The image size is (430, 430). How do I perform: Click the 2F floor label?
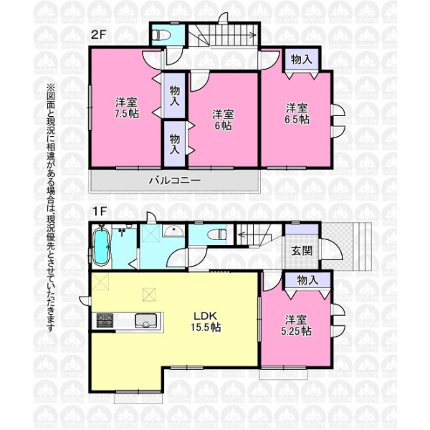(x=98, y=34)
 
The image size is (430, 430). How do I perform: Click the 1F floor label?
(x=99, y=211)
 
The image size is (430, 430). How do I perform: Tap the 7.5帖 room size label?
(x=126, y=113)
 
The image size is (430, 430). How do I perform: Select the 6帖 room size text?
(x=223, y=125)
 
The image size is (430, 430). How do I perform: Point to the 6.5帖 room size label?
(x=297, y=119)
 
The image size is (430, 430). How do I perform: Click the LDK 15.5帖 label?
(x=206, y=321)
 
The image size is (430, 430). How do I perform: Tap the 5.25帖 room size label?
(x=296, y=331)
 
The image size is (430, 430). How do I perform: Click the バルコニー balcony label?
(x=175, y=181)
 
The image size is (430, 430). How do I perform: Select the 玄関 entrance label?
(x=302, y=250)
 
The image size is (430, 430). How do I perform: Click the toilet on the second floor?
(x=161, y=35)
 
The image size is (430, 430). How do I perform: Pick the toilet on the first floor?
(x=217, y=235)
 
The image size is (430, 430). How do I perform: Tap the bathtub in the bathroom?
(x=102, y=246)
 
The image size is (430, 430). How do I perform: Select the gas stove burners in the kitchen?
(x=105, y=320)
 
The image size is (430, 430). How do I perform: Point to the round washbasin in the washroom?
(x=173, y=230)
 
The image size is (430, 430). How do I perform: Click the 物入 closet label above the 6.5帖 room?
(x=302, y=59)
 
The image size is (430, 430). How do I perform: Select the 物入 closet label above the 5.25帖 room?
(x=307, y=280)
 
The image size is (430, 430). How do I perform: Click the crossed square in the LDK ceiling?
(x=149, y=295)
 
